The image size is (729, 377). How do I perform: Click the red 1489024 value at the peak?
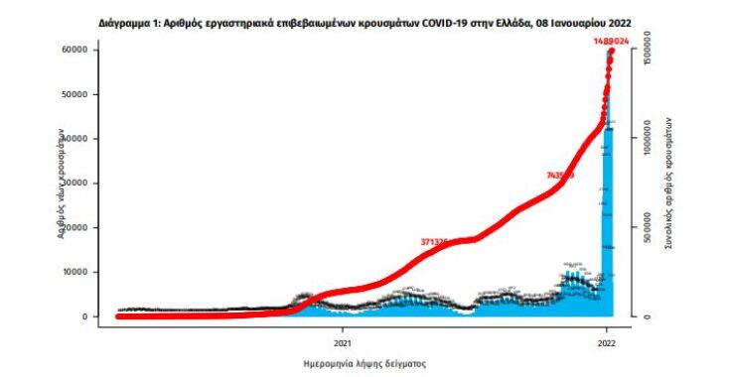[612, 40]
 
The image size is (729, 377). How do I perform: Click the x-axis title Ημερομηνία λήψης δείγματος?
[364, 363]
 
